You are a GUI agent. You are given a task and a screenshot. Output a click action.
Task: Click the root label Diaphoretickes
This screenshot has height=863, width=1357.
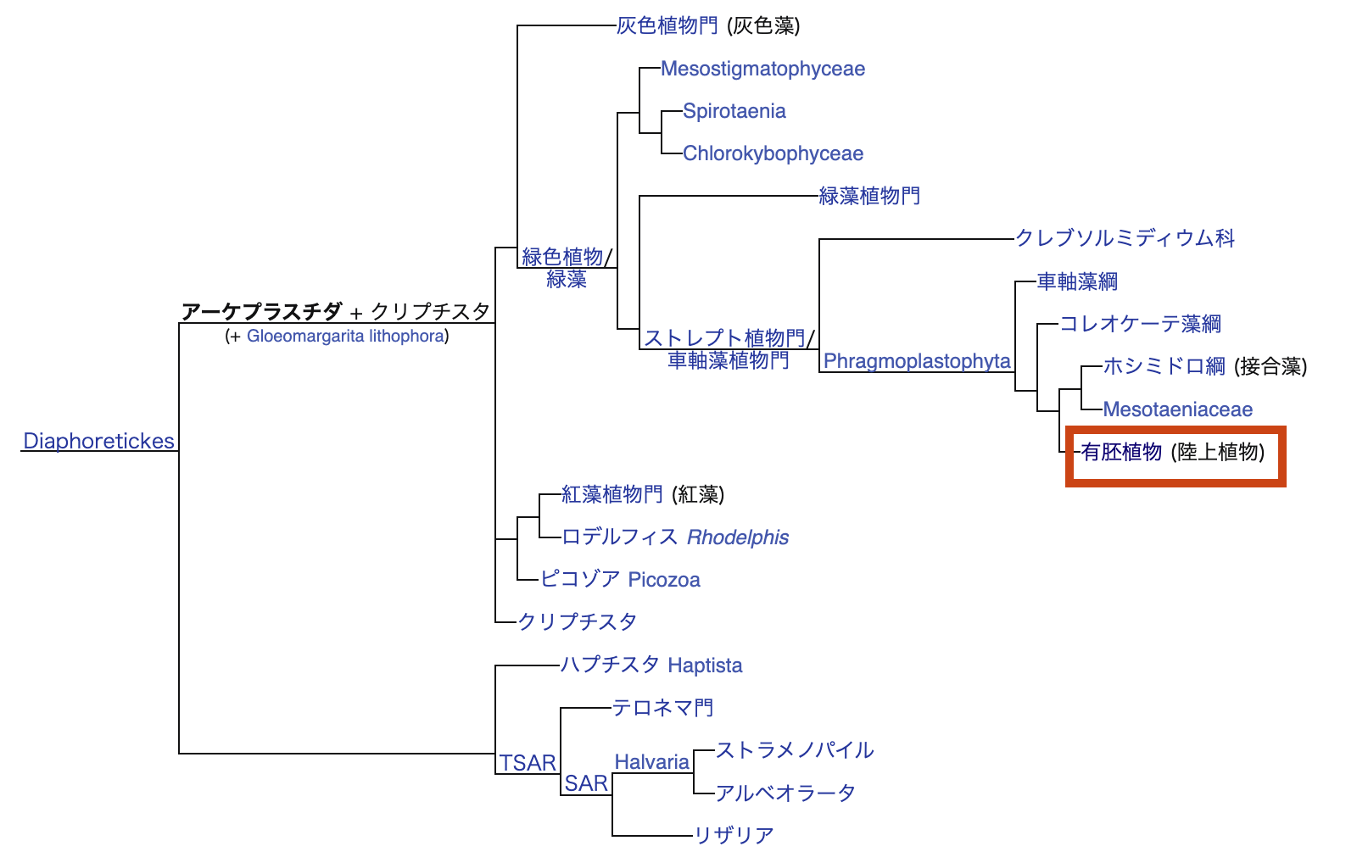[98, 441]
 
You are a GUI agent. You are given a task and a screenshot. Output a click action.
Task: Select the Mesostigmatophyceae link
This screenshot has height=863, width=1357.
[762, 69]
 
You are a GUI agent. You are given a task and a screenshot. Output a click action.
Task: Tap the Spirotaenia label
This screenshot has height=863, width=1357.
[734, 111]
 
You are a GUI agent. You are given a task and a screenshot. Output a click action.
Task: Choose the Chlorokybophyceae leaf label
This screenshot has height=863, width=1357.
[773, 153]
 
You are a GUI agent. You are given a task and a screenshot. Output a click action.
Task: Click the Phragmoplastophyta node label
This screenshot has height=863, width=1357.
[917, 361]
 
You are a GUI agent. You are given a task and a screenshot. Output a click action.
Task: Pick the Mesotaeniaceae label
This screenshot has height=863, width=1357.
[1177, 409]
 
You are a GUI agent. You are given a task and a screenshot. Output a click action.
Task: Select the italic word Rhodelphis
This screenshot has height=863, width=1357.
[738, 537]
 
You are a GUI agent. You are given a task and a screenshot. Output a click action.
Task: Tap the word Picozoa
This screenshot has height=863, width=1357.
[664, 580]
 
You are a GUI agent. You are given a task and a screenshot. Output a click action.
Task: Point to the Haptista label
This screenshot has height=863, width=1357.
[705, 665]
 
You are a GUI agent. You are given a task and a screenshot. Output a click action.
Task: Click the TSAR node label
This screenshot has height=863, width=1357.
[528, 763]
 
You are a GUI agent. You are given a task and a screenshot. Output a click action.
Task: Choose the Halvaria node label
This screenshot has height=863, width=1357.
[651, 762]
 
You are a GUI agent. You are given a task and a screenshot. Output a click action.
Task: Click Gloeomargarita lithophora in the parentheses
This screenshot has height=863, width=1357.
[345, 336]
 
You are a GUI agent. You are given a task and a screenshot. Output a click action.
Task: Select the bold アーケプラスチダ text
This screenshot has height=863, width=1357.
[261, 312]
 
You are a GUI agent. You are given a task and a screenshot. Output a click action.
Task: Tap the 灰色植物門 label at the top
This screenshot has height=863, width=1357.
[667, 26]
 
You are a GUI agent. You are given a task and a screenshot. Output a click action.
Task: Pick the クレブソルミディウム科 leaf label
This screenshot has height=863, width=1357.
[1125, 238]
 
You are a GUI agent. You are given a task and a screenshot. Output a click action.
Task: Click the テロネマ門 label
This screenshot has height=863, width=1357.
[662, 708]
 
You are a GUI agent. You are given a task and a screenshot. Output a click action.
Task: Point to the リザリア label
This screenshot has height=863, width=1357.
[734, 835]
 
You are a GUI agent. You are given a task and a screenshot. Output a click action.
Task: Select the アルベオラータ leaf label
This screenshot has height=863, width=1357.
[785, 793]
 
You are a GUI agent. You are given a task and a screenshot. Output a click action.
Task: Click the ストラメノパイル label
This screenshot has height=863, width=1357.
[795, 750]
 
